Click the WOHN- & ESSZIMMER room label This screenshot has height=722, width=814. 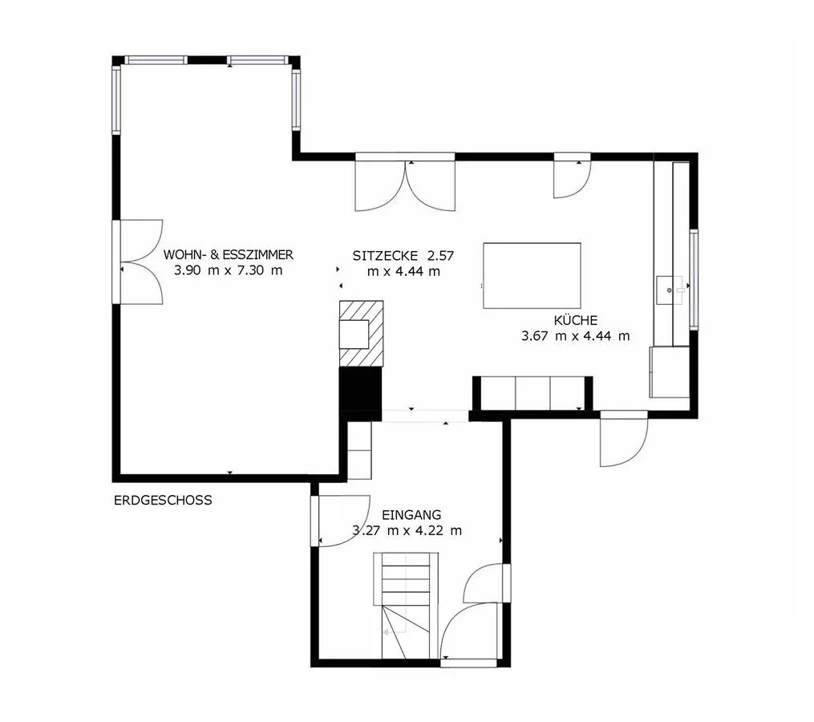pos(228,255)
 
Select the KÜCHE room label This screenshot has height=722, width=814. pos(575,320)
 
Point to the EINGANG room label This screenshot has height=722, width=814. pos(411,515)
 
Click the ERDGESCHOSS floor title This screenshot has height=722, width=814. pos(163,500)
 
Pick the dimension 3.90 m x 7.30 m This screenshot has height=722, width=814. pos(228,270)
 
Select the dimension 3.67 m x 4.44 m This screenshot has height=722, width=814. pos(575,336)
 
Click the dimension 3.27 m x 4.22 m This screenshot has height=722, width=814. pos(407,530)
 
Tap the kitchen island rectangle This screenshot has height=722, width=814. pos(532,275)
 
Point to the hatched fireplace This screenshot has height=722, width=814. pos(362,333)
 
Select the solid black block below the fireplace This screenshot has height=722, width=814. pos(361,388)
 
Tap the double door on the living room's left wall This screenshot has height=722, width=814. pos(141,262)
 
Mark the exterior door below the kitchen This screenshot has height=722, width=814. pos(624,440)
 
